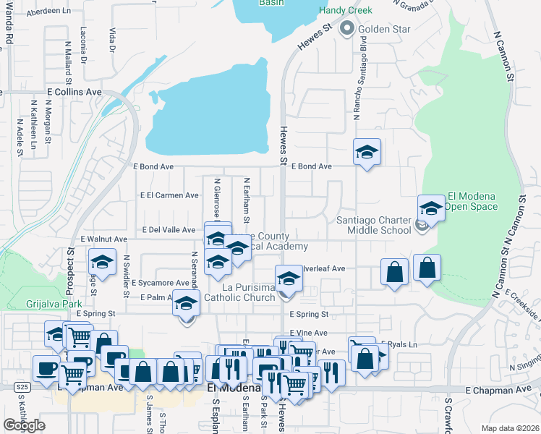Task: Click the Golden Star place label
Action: [383, 30]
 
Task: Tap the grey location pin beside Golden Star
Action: [346, 30]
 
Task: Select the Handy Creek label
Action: [346, 11]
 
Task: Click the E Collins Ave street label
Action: [74, 93]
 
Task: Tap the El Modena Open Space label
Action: [472, 201]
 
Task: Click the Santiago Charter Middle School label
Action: [374, 226]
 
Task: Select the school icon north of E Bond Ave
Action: [367, 152]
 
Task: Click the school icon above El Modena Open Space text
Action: [431, 208]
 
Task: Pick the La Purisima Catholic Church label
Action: [239, 292]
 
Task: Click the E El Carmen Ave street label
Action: [170, 195]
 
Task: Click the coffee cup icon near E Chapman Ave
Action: [47, 368]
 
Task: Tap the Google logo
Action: [25, 425]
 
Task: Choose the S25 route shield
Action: [22, 388]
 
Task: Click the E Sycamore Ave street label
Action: [160, 283]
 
